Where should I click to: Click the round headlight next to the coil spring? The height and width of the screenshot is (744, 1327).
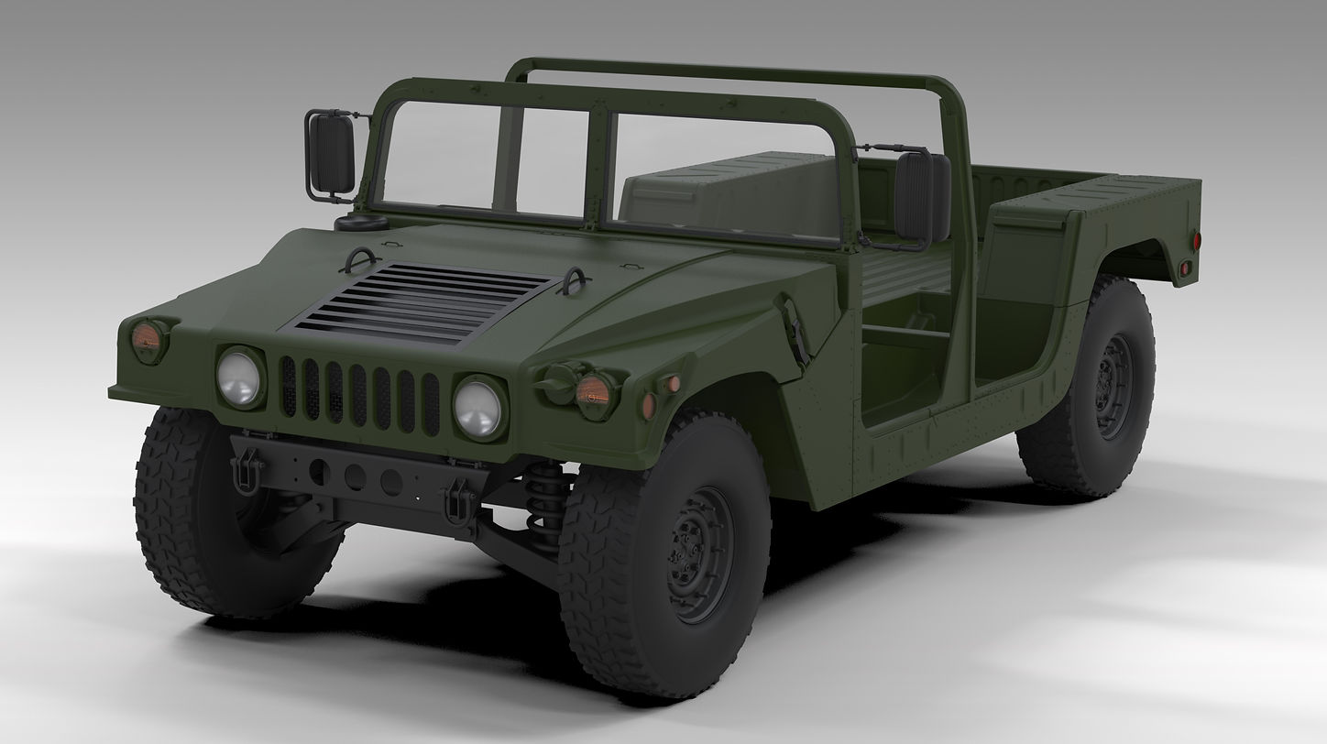coord(478,407)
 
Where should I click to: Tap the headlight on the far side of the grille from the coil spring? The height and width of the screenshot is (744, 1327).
coord(239,377)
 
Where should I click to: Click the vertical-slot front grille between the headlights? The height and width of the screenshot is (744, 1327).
coord(359,395)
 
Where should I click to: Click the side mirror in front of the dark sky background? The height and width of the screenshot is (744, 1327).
coord(331,154)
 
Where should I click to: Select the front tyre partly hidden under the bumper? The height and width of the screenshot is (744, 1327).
coord(225,513)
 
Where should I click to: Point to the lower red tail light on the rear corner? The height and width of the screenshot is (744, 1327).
coord(1184,268)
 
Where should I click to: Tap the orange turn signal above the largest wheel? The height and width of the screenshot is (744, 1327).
coord(592,391)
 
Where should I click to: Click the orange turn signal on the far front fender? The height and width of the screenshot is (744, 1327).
coord(147,340)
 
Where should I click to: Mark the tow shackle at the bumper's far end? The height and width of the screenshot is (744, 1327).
coord(247,473)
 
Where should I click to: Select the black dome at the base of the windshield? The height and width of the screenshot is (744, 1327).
coord(360,223)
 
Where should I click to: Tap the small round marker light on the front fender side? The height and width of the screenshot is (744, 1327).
coord(673,384)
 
